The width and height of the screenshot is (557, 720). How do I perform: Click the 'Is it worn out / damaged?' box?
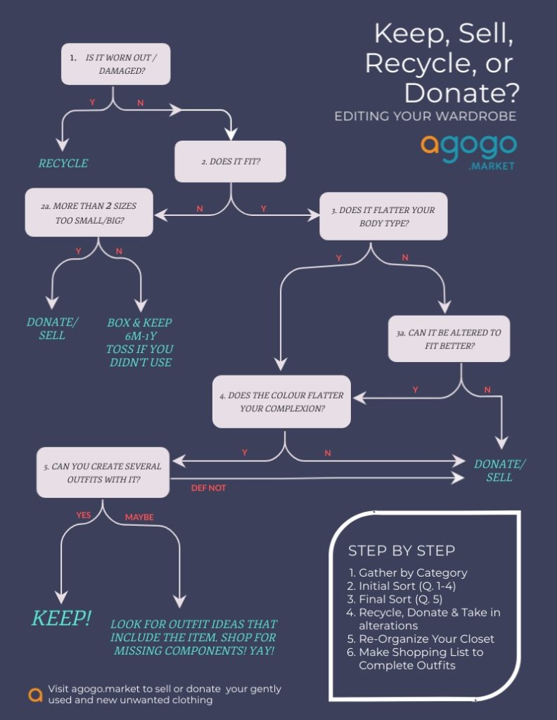click(x=116, y=64)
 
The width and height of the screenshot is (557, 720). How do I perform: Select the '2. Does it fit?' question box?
click(x=230, y=161)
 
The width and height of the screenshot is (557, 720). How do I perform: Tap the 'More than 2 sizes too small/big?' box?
click(x=89, y=212)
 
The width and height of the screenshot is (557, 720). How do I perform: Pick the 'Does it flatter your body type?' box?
click(x=383, y=217)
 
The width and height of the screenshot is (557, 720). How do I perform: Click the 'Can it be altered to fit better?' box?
click(x=449, y=339)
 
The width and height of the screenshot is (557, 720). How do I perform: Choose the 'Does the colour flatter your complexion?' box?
click(x=281, y=401)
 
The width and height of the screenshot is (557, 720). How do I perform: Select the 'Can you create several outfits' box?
click(x=103, y=472)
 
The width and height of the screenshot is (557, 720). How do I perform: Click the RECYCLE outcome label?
click(x=63, y=163)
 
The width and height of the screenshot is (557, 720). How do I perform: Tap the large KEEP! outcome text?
click(x=61, y=618)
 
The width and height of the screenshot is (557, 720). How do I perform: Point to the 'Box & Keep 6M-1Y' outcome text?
click(x=139, y=329)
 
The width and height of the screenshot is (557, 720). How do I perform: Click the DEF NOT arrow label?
click(x=208, y=488)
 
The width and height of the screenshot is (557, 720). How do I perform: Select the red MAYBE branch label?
click(x=139, y=517)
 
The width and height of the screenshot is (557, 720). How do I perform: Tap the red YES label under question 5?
click(x=84, y=515)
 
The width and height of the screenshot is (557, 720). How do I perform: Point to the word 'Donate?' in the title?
click(x=461, y=92)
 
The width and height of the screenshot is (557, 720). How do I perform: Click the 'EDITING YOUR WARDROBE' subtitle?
click(x=425, y=116)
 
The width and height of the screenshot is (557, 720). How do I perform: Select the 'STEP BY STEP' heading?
click(x=402, y=551)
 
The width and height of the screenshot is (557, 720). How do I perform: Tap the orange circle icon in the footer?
click(x=35, y=694)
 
